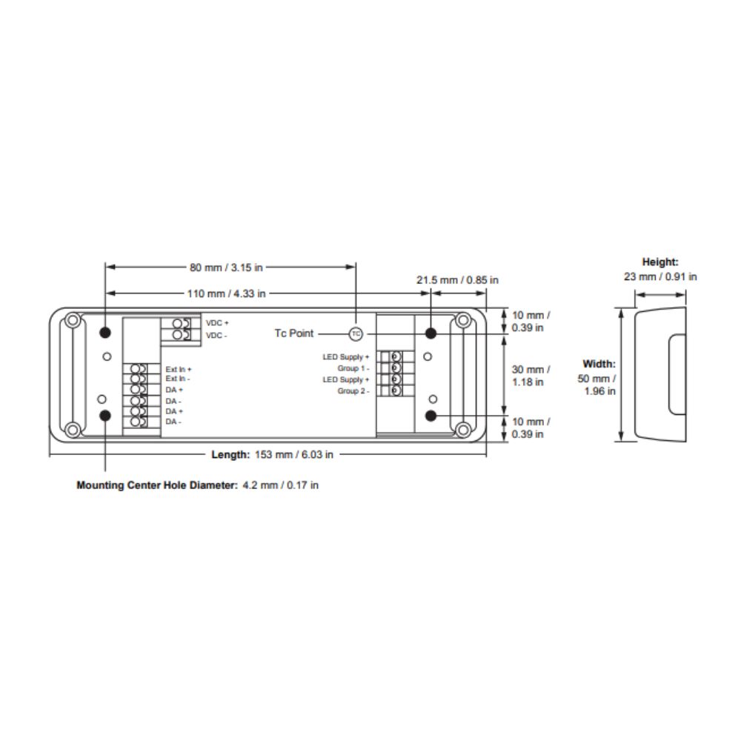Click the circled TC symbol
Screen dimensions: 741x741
point(356,333)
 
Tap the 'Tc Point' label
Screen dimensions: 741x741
point(294,333)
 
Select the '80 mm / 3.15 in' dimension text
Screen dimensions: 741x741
point(226,268)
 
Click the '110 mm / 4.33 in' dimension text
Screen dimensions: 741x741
point(226,293)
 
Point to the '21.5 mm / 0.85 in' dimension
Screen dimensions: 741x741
point(457,280)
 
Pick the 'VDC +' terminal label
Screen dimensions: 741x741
point(217,323)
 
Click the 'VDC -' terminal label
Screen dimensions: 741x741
point(216,335)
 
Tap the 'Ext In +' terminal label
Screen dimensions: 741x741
point(179,369)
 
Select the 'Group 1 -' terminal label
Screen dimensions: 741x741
point(353,368)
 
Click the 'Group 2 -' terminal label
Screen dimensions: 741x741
point(353,391)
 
